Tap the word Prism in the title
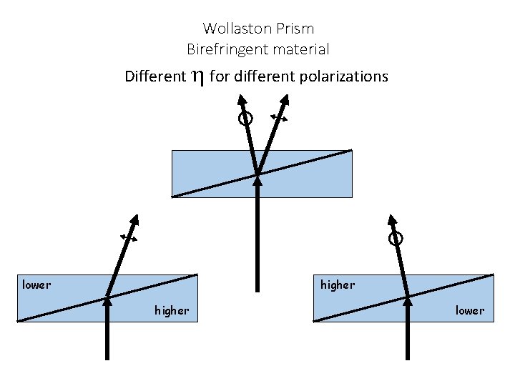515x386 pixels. point(297,29)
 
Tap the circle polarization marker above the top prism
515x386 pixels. point(245,119)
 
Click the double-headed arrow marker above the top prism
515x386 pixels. point(279,118)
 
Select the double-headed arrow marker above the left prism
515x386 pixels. point(129,237)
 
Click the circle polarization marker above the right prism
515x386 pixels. point(396,239)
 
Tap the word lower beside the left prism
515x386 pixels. point(36,285)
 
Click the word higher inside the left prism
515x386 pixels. point(172,310)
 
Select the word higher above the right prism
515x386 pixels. point(338,285)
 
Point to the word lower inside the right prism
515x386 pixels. point(470,310)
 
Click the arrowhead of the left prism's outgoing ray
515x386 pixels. point(134,219)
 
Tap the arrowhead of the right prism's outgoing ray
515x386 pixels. point(391,219)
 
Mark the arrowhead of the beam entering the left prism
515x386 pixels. point(107,300)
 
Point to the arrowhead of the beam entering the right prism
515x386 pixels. point(407,300)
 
